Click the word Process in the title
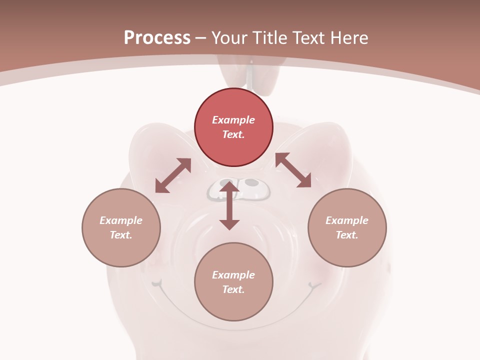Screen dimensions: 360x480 (x=157, y=38)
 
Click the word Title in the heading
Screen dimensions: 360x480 (x=268, y=38)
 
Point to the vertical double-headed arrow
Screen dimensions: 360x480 (x=229, y=206)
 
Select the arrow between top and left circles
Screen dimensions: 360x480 (x=173, y=175)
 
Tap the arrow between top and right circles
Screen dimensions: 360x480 (x=293, y=170)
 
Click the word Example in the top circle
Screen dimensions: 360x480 (x=233, y=120)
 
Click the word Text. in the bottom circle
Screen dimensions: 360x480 (x=233, y=289)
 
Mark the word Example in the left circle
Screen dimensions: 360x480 (x=121, y=220)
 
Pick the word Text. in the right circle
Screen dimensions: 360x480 (x=347, y=235)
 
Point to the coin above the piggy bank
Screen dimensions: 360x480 (x=251, y=75)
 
